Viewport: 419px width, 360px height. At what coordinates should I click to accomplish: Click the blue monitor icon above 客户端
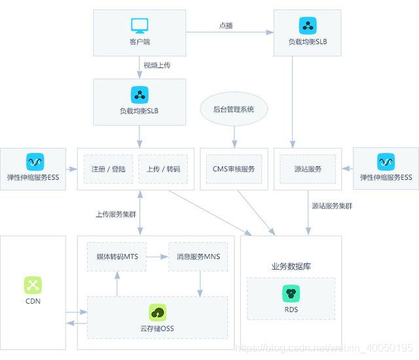point(139,26)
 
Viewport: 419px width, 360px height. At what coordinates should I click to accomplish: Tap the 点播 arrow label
point(226,26)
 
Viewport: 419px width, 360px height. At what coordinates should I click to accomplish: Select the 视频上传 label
point(158,65)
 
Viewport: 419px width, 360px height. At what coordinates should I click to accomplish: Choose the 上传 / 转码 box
point(164,169)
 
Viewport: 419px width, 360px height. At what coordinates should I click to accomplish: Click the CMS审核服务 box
point(234,169)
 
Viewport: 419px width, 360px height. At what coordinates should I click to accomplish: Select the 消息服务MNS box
point(198,257)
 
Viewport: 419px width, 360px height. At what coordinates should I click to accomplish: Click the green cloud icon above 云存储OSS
point(157,312)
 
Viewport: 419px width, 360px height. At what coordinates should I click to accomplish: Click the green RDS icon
point(291,293)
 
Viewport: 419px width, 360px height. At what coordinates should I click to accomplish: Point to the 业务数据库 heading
point(291,266)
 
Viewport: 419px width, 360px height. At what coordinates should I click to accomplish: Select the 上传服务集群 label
point(117,214)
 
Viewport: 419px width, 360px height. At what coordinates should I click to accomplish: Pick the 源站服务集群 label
point(332,206)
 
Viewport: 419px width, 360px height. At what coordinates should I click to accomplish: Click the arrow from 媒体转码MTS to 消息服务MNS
point(158,257)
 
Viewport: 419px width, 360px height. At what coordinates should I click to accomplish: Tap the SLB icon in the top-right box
point(308,26)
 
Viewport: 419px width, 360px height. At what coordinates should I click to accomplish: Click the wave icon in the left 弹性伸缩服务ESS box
point(34,161)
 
